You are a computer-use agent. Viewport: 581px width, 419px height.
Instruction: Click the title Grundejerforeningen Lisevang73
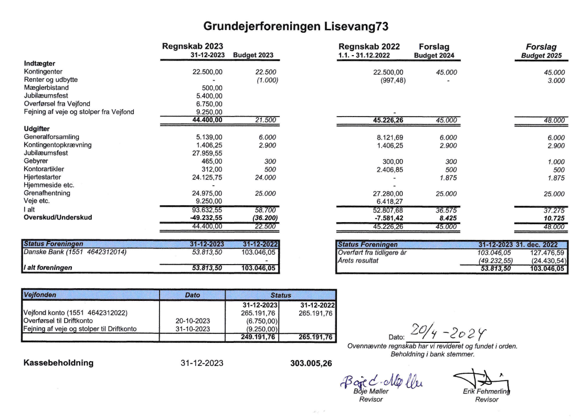(x=290, y=25)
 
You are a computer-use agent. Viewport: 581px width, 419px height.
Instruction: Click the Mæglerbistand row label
(x=47, y=88)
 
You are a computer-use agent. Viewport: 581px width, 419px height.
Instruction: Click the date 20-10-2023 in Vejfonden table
(x=192, y=320)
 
